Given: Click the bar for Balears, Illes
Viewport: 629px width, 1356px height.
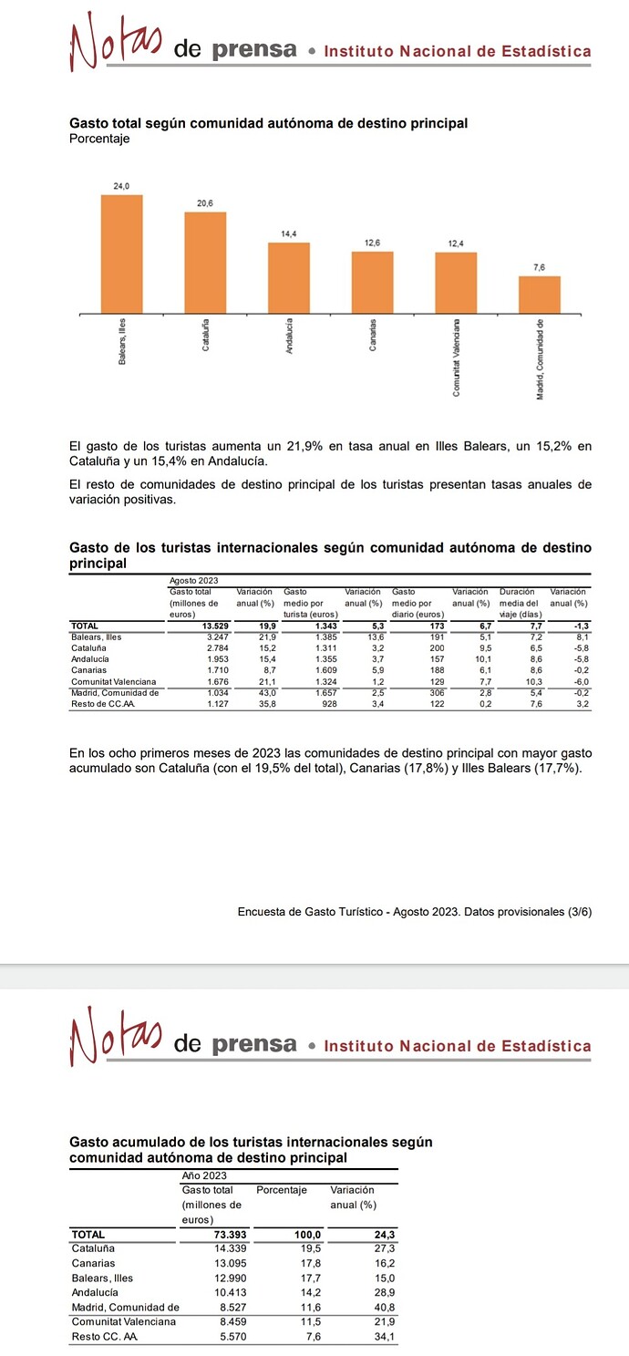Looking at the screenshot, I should (x=121, y=254).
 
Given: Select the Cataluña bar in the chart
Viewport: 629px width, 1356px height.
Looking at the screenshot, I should (x=205, y=263).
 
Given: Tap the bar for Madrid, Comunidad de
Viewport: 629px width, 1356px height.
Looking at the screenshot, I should (x=539, y=295).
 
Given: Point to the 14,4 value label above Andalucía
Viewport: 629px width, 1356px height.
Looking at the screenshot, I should (x=288, y=234).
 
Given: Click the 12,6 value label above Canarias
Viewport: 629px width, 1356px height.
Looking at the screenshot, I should (x=372, y=242).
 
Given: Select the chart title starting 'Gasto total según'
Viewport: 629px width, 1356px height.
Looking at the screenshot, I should (x=269, y=123).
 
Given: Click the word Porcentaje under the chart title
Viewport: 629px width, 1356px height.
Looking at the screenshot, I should (x=99, y=139).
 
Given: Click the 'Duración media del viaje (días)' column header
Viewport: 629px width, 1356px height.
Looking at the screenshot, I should (x=520, y=603).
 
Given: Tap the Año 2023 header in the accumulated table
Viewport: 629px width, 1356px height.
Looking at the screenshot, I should (x=204, y=1176).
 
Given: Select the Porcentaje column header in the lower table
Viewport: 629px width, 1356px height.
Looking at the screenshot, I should (x=282, y=1190).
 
